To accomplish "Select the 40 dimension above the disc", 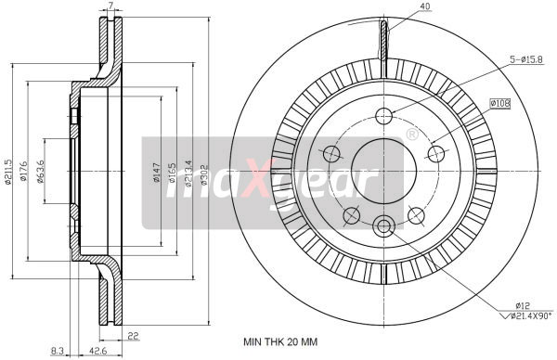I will pyautogui.click(x=400, y=7).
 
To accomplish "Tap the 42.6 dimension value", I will pyautogui.click(x=96, y=351).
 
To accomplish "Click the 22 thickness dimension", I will pyautogui.click(x=135, y=335).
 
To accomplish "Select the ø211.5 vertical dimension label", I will pyautogui.click(x=9, y=171).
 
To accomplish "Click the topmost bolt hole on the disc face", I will pyautogui.click(x=384, y=115).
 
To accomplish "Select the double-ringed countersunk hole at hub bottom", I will pyautogui.click(x=384, y=225).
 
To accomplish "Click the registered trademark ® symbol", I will pyautogui.click(x=410, y=135).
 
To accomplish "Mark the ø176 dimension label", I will pyautogui.click(x=25, y=171).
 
